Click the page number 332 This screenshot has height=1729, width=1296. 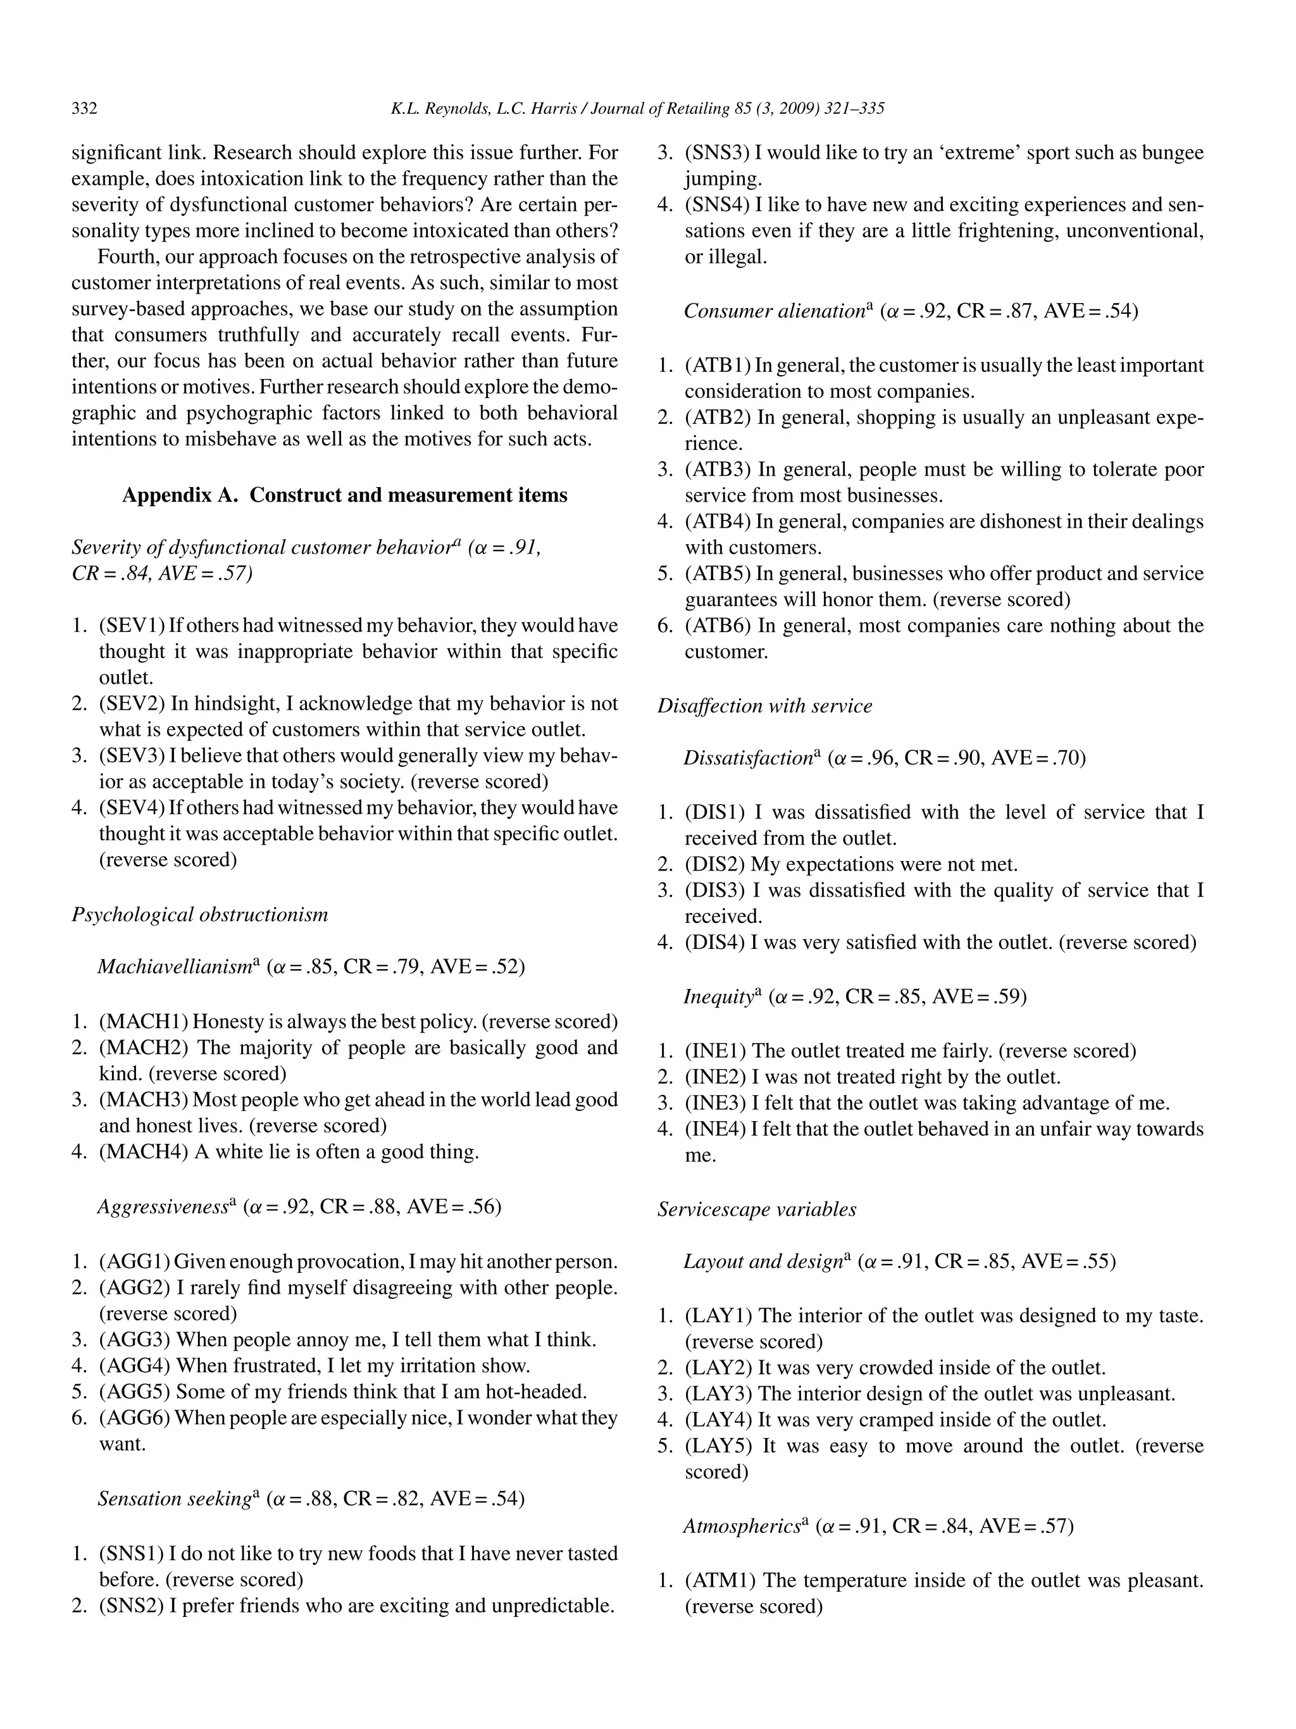[x=84, y=109]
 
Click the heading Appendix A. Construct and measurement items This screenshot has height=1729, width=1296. [x=345, y=495]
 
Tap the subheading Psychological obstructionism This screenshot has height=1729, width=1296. [x=199, y=915]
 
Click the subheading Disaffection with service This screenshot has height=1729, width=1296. [x=764, y=706]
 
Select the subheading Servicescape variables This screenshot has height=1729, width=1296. [x=756, y=1209]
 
